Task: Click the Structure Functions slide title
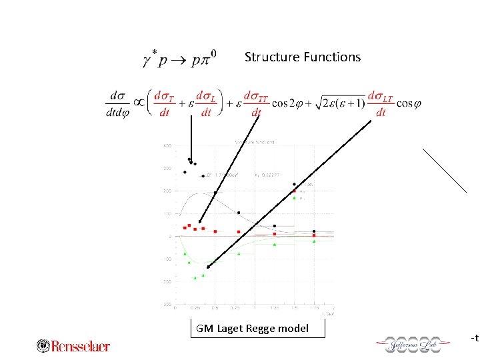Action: click(302, 57)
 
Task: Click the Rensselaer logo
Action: click(73, 345)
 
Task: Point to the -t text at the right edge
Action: click(474, 338)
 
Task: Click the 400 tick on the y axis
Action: click(167, 145)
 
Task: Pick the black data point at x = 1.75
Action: click(314, 231)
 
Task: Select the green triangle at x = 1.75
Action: click(314, 241)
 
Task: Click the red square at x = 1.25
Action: click(275, 235)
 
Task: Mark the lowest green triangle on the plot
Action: click(195, 277)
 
